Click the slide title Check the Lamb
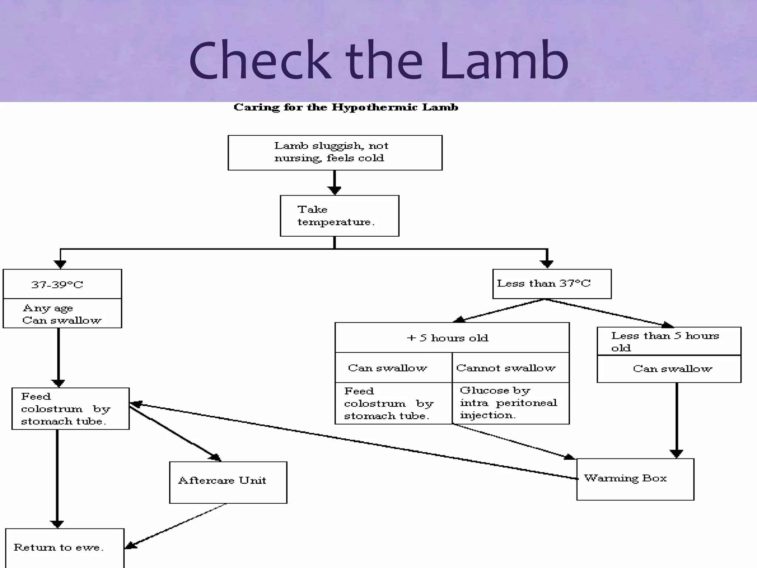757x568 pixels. tap(378, 61)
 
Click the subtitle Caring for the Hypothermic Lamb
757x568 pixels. tap(346, 107)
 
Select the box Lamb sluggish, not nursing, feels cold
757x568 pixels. tap(335, 152)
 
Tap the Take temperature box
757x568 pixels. tap(339, 216)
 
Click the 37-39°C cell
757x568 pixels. tap(62, 284)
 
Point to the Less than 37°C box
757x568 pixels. tap(551, 284)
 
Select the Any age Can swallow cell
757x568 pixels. tap(62, 314)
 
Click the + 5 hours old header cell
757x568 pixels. tap(452, 338)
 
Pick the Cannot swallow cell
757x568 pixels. tap(510, 368)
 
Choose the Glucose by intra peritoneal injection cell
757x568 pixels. tap(510, 403)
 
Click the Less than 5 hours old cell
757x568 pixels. tap(669, 341)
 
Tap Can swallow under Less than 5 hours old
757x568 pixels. tap(669, 369)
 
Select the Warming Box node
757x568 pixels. tap(635, 479)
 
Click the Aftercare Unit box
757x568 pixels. tap(228, 482)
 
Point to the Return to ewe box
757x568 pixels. tap(65, 547)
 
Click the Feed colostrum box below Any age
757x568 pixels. tap(70, 409)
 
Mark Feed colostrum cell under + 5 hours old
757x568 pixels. tap(393, 403)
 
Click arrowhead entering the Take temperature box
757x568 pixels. tap(335, 190)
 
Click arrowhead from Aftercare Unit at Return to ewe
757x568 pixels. tap(130, 545)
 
